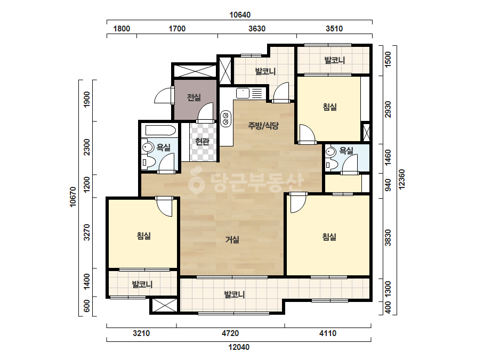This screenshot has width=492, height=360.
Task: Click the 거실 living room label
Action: pos(232,240)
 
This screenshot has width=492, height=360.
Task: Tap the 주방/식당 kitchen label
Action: pos(263,126)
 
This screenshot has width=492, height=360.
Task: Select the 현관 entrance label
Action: pos(202,142)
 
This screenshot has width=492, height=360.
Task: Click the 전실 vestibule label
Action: pos(194,97)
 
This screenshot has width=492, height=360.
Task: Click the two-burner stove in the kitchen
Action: pos(225,119)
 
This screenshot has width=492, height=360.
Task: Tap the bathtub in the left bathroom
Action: pos(158,130)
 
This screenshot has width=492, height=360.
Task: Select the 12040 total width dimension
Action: pos(239,347)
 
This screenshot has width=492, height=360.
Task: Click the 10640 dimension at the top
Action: pos(240,15)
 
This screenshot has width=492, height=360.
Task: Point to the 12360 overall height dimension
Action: pos(401,179)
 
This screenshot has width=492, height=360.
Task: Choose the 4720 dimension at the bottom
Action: pos(230,333)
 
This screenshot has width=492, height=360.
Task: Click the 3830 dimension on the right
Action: pos(388,238)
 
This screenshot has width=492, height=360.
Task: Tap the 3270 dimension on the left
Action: pos(87,232)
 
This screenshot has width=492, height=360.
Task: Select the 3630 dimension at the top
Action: pos(257,29)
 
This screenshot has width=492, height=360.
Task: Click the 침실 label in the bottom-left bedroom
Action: pos(144,235)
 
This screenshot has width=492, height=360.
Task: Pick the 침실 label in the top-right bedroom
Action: pos(330,107)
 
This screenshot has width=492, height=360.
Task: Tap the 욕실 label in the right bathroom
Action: pos(346,151)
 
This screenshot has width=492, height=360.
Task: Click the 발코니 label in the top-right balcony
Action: pos(334,60)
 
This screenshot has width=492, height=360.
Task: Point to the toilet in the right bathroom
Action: pos(331,164)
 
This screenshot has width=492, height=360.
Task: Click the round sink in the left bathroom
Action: pos(147,147)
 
